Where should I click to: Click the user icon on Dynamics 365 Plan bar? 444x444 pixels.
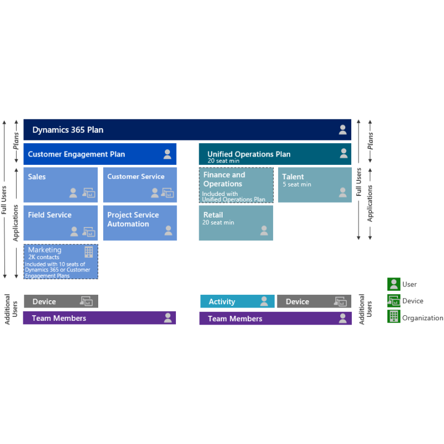click(342, 130)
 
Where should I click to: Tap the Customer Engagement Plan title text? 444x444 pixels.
click(77, 154)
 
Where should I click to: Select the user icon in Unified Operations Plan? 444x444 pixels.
click(344, 153)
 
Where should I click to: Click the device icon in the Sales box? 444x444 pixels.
click(89, 193)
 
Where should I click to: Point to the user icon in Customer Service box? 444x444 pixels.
click(155, 193)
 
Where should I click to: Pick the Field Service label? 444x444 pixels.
click(50, 215)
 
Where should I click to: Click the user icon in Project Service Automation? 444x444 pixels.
click(168, 230)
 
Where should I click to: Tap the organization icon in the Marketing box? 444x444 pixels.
click(89, 252)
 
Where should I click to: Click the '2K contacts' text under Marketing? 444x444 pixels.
click(44, 257)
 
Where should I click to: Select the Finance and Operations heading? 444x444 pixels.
click(224, 179)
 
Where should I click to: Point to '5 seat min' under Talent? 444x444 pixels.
click(297, 184)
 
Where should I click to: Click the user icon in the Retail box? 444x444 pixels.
click(264, 230)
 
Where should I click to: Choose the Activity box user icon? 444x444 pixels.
click(264, 301)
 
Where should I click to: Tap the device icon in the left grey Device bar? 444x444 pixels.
click(87, 301)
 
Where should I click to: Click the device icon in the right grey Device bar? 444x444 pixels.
click(340, 301)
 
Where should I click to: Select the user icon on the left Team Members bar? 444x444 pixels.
click(168, 317)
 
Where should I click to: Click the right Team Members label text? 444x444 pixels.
click(235, 319)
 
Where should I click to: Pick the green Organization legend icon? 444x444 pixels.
click(393, 316)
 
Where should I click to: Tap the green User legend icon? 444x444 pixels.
click(393, 284)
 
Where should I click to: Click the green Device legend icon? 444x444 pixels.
click(393, 301)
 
